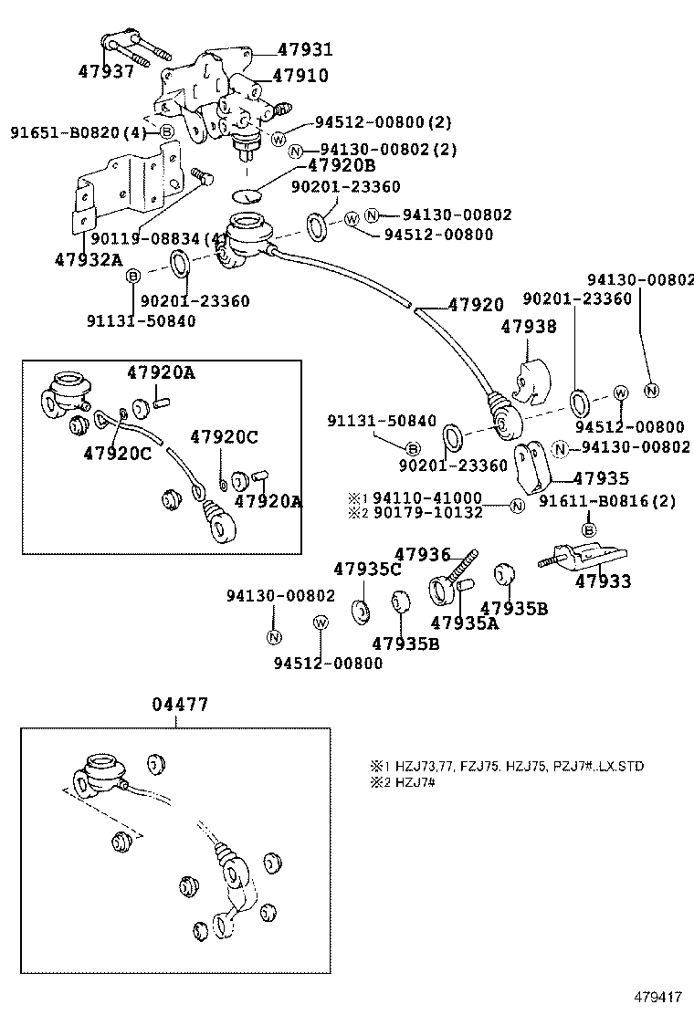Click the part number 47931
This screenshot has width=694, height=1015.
(x=305, y=50)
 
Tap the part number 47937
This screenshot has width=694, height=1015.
(x=106, y=71)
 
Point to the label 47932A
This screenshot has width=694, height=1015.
(x=88, y=259)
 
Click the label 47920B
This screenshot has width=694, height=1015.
(x=341, y=165)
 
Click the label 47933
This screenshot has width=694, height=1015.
(x=602, y=581)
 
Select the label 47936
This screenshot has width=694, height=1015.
(x=422, y=554)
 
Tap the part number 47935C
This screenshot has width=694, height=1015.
(x=367, y=570)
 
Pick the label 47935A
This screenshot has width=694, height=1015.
(x=464, y=623)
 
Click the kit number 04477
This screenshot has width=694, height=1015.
(x=180, y=705)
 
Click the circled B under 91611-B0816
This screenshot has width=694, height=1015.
(x=589, y=529)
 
